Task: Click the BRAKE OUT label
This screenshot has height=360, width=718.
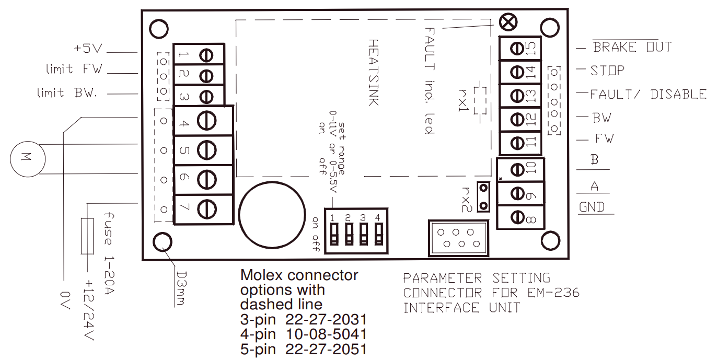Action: click(x=632, y=47)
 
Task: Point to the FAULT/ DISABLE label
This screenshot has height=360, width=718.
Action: click(x=648, y=95)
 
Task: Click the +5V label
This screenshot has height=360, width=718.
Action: click(x=88, y=49)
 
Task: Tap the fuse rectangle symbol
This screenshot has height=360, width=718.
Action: click(x=87, y=236)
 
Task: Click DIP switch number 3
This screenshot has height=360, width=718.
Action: click(x=363, y=234)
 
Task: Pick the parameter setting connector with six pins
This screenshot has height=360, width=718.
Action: click(x=458, y=238)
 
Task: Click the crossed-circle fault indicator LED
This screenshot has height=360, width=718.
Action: click(x=507, y=22)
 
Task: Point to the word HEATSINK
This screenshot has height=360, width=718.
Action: click(x=373, y=72)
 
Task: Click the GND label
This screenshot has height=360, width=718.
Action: click(x=592, y=207)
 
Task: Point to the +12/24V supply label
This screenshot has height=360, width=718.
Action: click(x=88, y=310)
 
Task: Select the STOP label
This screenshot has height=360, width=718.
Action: click(x=607, y=70)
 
